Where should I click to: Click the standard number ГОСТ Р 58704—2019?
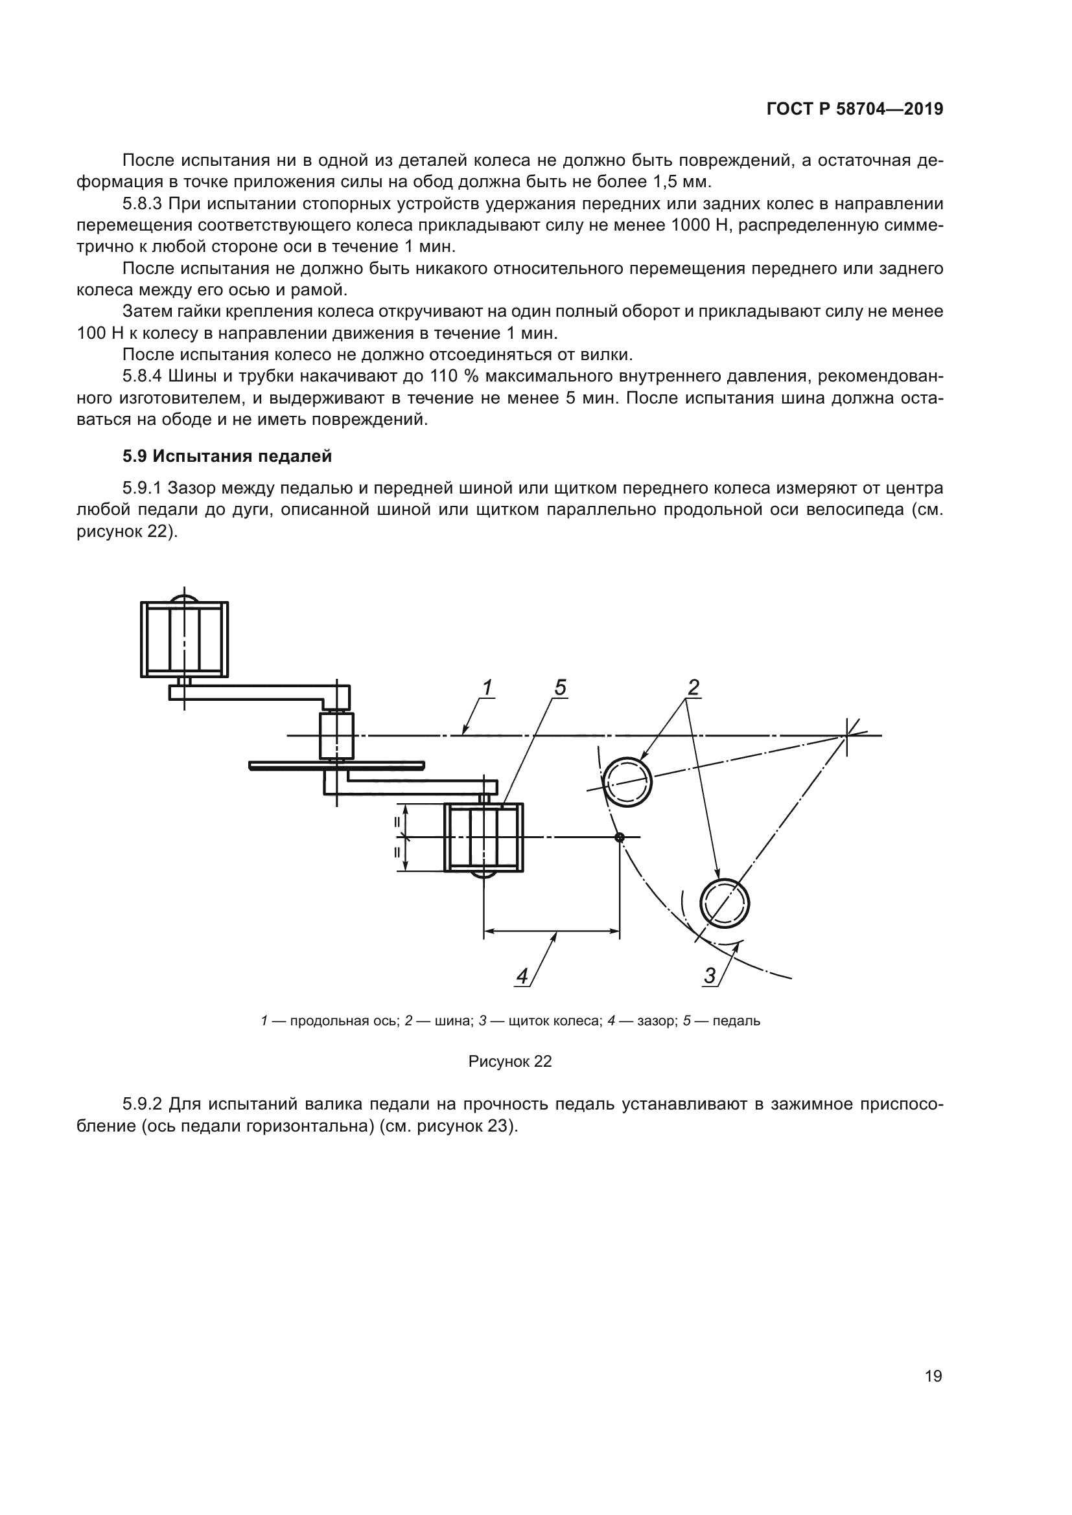(x=854, y=109)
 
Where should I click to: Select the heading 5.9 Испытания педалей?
(x=226, y=456)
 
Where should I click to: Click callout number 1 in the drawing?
(x=487, y=689)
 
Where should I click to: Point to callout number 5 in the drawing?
(x=560, y=689)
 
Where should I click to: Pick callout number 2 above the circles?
(x=692, y=689)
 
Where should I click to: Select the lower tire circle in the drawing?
(x=724, y=903)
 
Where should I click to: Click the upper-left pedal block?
(x=184, y=639)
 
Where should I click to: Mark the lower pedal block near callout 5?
(x=484, y=837)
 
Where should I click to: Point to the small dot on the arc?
(x=619, y=837)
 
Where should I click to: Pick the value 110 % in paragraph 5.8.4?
(x=455, y=376)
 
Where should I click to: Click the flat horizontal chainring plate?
(x=336, y=766)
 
